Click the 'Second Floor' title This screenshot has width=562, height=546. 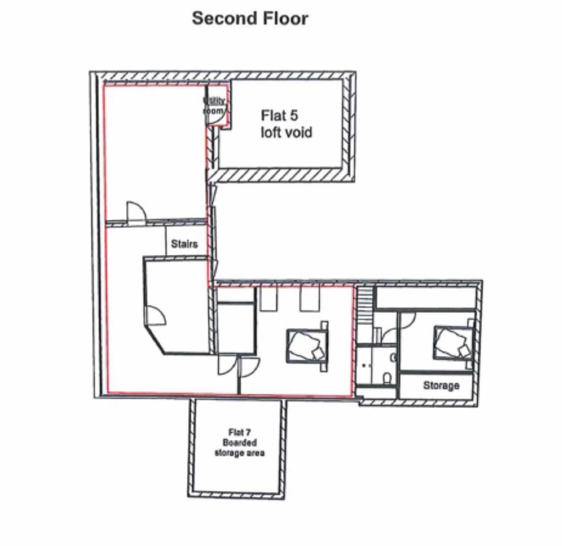tap(250, 19)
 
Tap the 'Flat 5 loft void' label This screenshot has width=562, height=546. tap(286, 124)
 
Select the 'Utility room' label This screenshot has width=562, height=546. tap(214, 106)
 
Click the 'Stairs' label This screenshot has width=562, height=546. tap(184, 244)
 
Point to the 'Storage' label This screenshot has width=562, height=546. tap(441, 386)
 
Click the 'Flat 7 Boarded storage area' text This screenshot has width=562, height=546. tap(239, 442)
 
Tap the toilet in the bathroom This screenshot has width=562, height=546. tap(387, 379)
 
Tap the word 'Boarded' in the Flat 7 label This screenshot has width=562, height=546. tap(240, 442)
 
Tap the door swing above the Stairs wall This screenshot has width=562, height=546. tap(135, 212)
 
